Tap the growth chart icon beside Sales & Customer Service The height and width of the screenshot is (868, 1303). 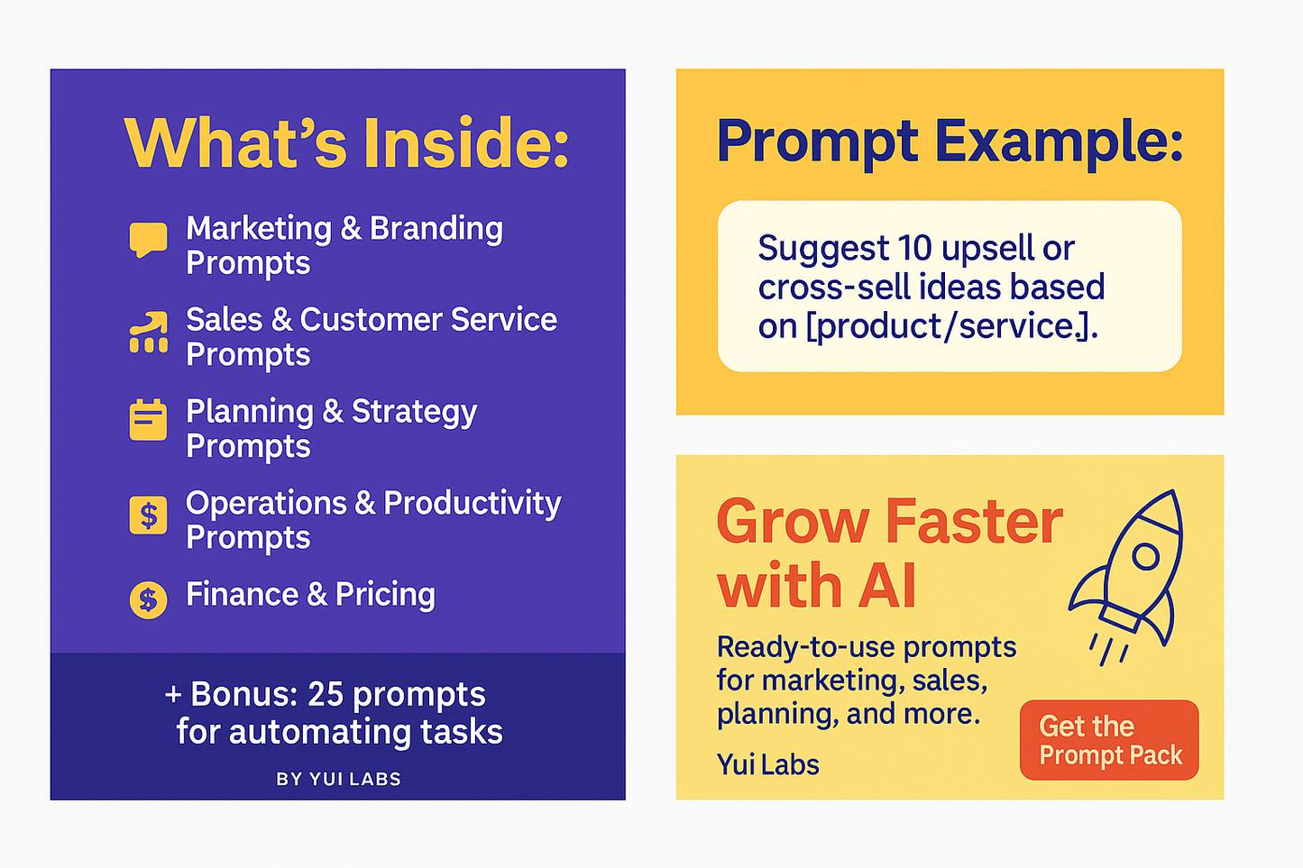coord(149,333)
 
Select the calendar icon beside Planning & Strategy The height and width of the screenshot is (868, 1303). coord(148,420)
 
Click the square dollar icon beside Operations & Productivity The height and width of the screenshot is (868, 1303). coord(148,516)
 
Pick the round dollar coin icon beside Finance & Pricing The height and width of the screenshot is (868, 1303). coord(148,599)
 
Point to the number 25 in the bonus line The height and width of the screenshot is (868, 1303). coord(326,694)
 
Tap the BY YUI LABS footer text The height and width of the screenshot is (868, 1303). coord(338,779)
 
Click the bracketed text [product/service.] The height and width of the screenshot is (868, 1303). coord(951,326)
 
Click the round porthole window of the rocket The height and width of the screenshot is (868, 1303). coord(1145,556)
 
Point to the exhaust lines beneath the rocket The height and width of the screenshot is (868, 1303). coord(1107,649)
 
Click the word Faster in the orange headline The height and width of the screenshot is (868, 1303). coord(974,522)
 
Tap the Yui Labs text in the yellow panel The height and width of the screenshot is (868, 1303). coord(767,764)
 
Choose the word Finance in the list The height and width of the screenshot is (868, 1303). coord(242,595)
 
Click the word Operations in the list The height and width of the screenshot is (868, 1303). coord(266,503)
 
